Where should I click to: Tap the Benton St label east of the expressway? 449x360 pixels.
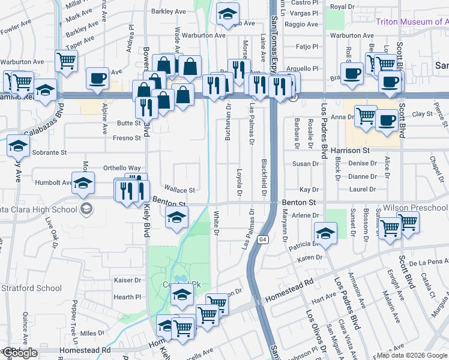(x=299, y=203)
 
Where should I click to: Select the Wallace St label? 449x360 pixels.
(x=179, y=190)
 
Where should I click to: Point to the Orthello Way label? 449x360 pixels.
(x=122, y=168)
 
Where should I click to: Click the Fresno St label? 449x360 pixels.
(x=127, y=137)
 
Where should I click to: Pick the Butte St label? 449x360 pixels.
(x=129, y=123)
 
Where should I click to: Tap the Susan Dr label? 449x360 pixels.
(x=306, y=164)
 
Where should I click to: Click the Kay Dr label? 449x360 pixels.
(x=309, y=189)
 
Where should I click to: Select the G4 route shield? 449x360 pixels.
(x=263, y=239)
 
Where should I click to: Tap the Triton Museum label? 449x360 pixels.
(x=412, y=22)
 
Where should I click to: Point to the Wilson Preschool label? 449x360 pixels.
(x=415, y=208)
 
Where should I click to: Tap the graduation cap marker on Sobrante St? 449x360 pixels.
(x=19, y=145)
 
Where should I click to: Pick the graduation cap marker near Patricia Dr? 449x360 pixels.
(x=325, y=233)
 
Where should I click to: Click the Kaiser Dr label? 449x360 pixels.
(x=127, y=280)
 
